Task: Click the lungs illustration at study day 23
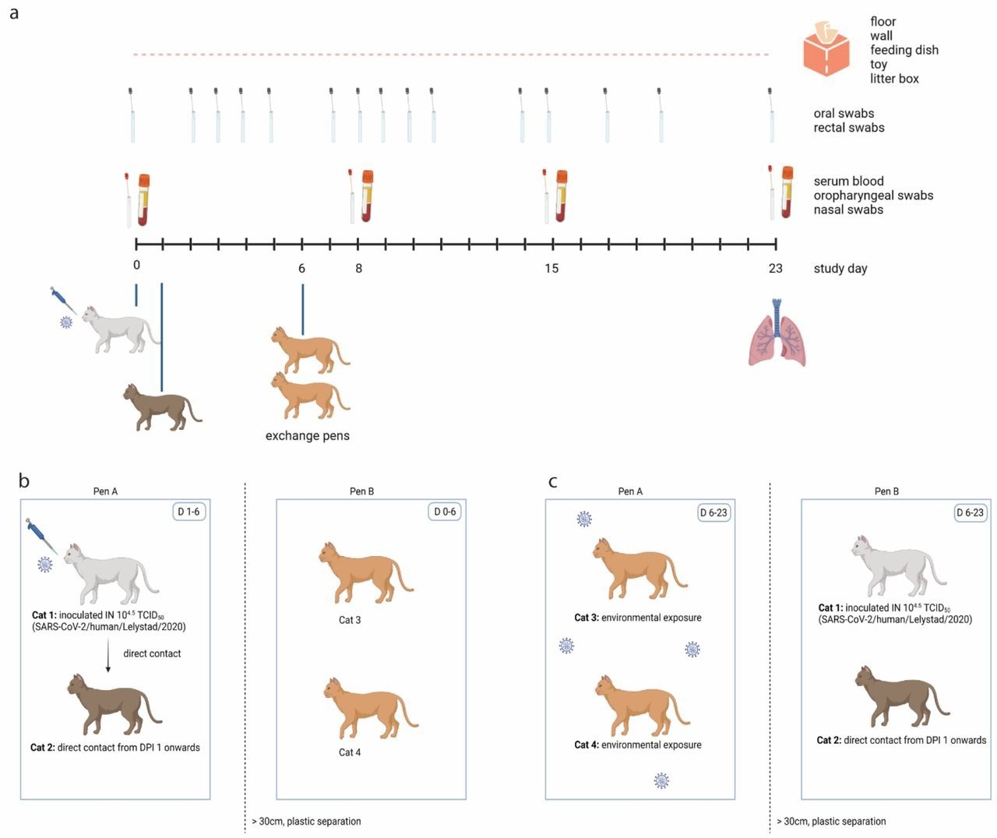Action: pyautogui.click(x=777, y=333)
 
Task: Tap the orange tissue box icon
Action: pyautogui.click(x=826, y=50)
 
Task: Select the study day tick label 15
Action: pyautogui.click(x=551, y=269)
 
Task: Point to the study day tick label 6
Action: pyautogui.click(x=301, y=269)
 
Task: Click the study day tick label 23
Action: pyautogui.click(x=775, y=269)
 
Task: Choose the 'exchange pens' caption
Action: pyautogui.click(x=307, y=436)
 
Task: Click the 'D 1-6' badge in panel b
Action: pyautogui.click(x=188, y=512)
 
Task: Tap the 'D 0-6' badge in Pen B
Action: pyautogui.click(x=445, y=512)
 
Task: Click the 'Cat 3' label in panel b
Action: pyautogui.click(x=350, y=621)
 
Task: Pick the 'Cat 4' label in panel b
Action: pyautogui.click(x=350, y=753)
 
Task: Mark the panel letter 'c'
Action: pyautogui.click(x=552, y=481)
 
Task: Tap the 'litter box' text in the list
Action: pyautogui.click(x=894, y=79)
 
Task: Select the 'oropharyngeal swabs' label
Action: pyautogui.click(x=873, y=195)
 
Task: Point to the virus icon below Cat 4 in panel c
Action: pyautogui.click(x=661, y=780)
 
